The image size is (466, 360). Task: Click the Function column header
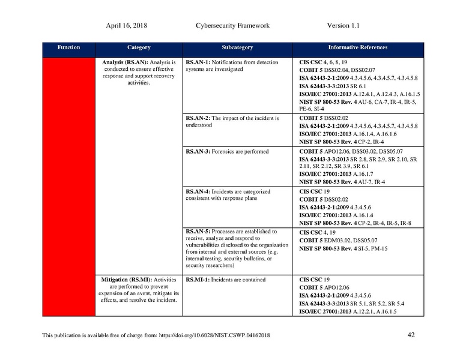tap(68, 47)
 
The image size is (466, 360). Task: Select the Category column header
tap(139, 47)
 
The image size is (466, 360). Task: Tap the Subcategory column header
tap(237, 47)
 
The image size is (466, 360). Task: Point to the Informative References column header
tap(357, 47)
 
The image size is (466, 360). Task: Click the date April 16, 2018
tap(127, 26)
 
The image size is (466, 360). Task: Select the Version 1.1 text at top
tap(343, 26)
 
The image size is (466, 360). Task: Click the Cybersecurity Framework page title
tap(232, 26)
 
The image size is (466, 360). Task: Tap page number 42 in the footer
tap(411, 335)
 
